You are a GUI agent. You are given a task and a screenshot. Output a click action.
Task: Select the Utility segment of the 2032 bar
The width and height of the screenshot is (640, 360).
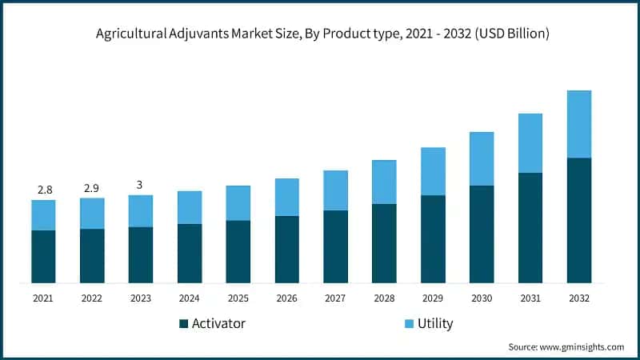coord(578,124)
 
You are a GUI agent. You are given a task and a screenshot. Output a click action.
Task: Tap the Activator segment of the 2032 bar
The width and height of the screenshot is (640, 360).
coord(578,220)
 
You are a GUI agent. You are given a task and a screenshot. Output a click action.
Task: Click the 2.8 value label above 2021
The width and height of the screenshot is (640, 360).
coord(44,190)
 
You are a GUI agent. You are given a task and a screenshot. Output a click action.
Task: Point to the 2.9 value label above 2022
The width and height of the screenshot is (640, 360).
coord(92,188)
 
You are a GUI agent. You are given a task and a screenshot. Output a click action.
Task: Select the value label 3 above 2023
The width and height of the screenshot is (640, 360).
coord(140,185)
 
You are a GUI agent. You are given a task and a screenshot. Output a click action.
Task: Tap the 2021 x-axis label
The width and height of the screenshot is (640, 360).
coord(44,298)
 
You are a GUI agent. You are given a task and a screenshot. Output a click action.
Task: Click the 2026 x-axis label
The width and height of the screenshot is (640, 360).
coord(286,298)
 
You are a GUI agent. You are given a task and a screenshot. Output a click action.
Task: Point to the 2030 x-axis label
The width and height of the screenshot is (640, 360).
coord(481,298)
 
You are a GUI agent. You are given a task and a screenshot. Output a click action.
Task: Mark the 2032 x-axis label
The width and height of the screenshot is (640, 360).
coord(578,298)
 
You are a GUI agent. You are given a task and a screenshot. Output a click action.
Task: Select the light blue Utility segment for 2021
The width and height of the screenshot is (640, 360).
coord(44,215)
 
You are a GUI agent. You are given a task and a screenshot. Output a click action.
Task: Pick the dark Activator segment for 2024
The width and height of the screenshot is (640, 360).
coord(190,253)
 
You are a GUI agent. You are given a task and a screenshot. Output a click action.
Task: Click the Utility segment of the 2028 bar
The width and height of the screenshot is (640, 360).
coord(384,182)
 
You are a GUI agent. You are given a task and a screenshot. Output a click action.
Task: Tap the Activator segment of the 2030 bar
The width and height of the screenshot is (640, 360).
coord(481,234)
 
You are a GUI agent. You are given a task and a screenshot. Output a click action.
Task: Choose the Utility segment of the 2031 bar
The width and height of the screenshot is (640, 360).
coord(530,143)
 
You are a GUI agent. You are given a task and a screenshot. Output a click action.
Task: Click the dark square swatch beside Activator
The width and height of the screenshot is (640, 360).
coord(183,324)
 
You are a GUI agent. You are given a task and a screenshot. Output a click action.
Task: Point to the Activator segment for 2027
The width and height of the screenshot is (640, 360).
coord(335,246)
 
